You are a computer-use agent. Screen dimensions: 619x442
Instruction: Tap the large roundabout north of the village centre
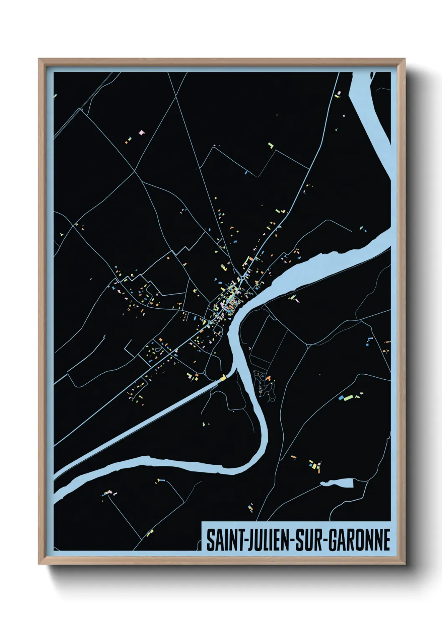pyautogui.click(x=242, y=278)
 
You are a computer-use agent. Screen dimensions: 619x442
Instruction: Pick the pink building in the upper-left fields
pyautogui.click(x=142, y=133)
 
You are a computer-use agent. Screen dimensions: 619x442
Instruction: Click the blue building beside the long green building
pyautogui.click(x=341, y=396)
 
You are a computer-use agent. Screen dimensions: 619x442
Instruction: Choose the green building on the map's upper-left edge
pyautogui.click(x=55, y=96)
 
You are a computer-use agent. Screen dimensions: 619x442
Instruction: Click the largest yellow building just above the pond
pyautogui.click(x=311, y=464)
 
